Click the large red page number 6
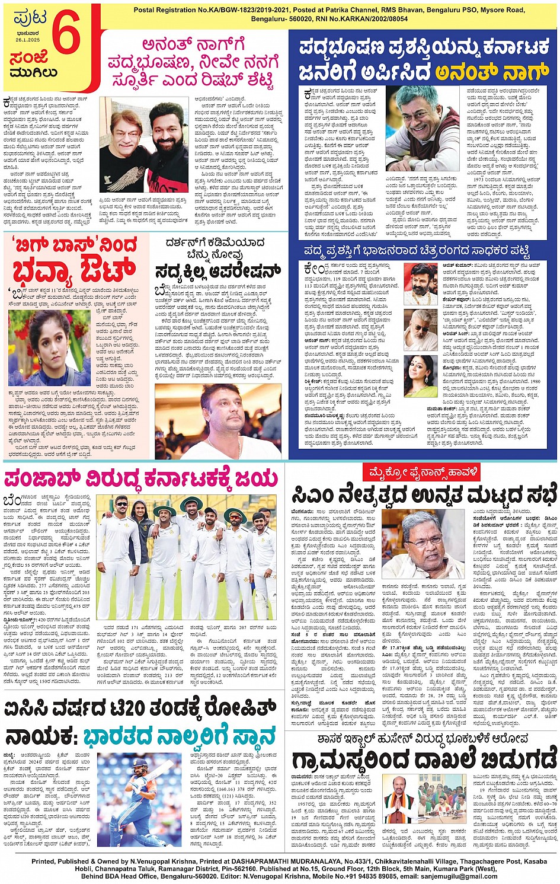click(66, 37)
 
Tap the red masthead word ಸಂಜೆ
click(28, 58)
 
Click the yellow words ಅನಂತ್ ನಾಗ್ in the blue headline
click(491, 72)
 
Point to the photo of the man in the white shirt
click(218, 421)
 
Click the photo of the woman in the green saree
click(421, 376)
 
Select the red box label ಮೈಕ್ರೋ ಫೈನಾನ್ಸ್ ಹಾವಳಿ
click(421, 473)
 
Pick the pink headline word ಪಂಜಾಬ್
click(41, 478)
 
